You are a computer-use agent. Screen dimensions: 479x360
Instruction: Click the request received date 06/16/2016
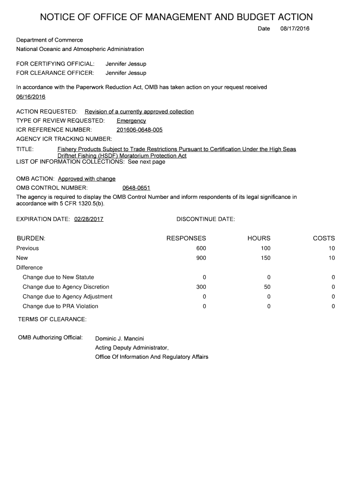click(31, 97)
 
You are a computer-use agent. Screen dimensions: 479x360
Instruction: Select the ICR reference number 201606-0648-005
click(139, 130)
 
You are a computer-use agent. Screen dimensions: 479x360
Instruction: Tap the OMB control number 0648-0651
click(136, 188)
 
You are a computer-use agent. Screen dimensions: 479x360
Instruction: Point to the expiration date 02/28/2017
click(89, 219)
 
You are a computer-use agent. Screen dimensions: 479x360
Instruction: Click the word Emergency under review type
click(131, 121)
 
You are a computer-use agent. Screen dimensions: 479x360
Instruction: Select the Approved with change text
click(86, 179)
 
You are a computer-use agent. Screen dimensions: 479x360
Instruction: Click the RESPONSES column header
click(186, 238)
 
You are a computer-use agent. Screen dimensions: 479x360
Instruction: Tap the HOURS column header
click(259, 238)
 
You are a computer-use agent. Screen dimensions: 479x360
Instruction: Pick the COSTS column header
click(324, 238)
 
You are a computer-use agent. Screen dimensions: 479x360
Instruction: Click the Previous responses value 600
click(201, 248)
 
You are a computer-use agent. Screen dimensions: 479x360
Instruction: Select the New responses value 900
click(201, 258)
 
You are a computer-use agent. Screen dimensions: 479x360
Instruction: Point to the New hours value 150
click(266, 258)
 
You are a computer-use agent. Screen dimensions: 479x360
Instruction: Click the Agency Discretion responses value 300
click(201, 287)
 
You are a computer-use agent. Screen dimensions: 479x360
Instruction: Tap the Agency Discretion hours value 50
click(267, 287)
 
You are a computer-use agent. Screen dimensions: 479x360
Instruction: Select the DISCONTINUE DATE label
click(206, 219)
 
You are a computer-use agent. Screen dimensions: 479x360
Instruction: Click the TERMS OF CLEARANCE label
click(52, 319)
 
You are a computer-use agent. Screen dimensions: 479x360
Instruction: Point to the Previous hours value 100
click(266, 248)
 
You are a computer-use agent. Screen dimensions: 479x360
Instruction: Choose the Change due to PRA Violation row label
click(60, 306)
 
